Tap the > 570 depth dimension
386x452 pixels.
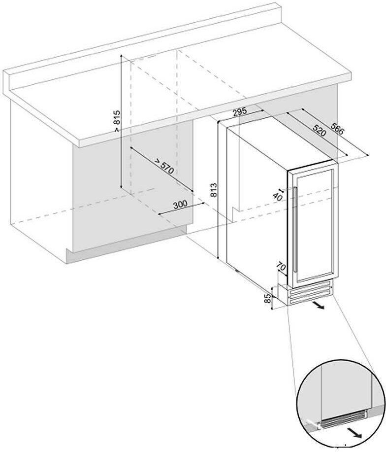pos(163,166)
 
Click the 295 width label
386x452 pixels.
pos(239,112)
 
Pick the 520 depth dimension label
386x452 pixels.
pos(320,130)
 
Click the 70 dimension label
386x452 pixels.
pos(282,268)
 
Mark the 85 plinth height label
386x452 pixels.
pos(267,298)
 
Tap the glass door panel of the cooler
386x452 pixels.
pos(315,222)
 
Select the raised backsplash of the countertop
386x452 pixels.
pos(148,39)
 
